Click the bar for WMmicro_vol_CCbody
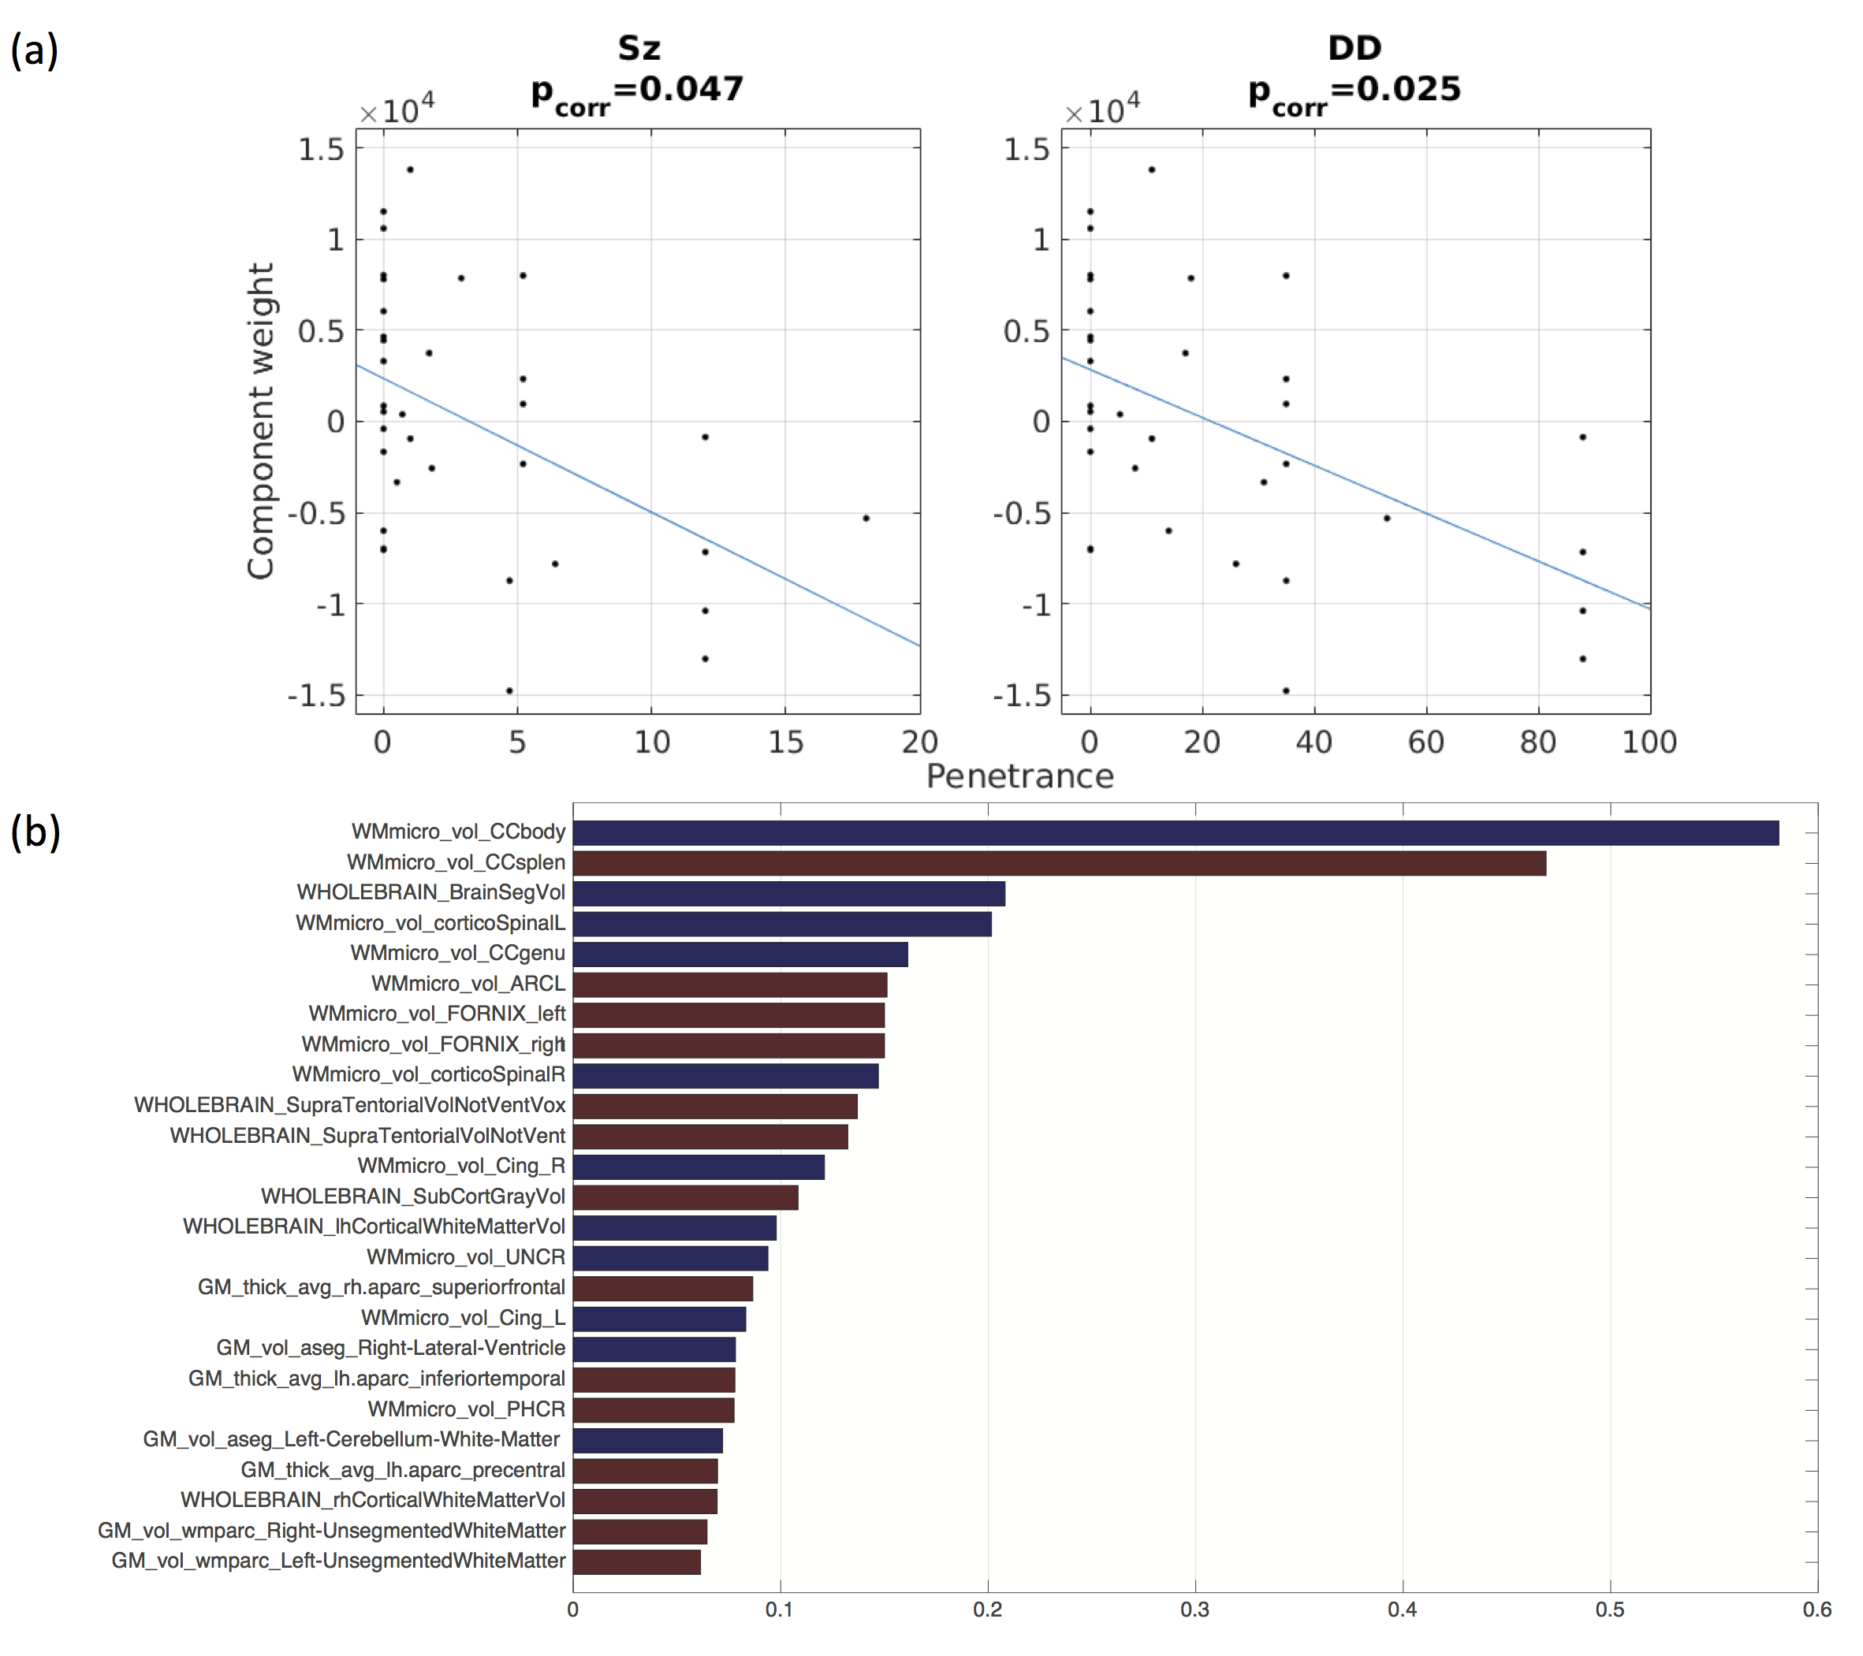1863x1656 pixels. click(x=1176, y=832)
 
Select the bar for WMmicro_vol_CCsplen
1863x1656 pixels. click(x=1059, y=862)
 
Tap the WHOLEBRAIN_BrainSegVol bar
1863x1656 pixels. click(x=788, y=893)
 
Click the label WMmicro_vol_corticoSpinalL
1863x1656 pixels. click(x=430, y=923)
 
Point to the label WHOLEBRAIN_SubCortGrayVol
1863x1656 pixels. click(x=413, y=1196)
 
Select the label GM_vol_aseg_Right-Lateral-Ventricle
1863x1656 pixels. click(x=390, y=1348)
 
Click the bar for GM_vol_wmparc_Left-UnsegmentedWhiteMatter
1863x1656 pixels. click(x=636, y=1561)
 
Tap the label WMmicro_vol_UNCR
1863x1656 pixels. click(x=466, y=1257)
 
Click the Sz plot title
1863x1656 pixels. click(x=638, y=47)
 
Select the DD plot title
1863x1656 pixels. click(x=1354, y=47)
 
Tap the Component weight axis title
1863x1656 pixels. click(x=261, y=421)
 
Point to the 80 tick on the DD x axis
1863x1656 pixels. click(x=1537, y=742)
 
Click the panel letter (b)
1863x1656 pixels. click(x=35, y=832)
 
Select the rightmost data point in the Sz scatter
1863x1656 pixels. click(x=866, y=519)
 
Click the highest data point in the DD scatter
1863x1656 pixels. click(x=1151, y=169)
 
